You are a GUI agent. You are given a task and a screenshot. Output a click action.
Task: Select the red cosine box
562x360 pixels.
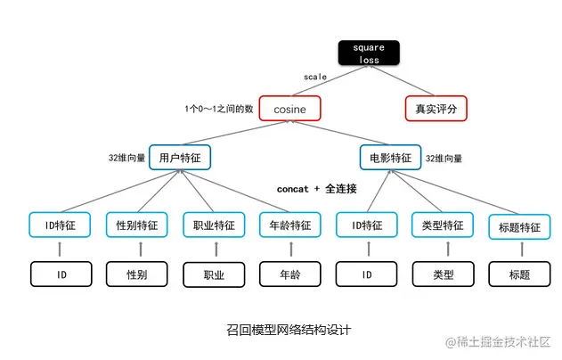289,109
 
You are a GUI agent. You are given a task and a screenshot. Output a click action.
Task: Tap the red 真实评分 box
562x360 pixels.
436,109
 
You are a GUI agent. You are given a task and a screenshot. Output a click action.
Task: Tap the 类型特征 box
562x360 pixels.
443,225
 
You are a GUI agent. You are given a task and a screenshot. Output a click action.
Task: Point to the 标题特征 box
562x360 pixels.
518,227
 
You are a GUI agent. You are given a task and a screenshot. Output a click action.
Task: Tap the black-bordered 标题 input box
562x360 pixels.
518,274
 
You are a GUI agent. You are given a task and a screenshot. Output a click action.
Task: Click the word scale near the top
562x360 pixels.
315,78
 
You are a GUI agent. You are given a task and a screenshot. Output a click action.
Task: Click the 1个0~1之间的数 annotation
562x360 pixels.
218,109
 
